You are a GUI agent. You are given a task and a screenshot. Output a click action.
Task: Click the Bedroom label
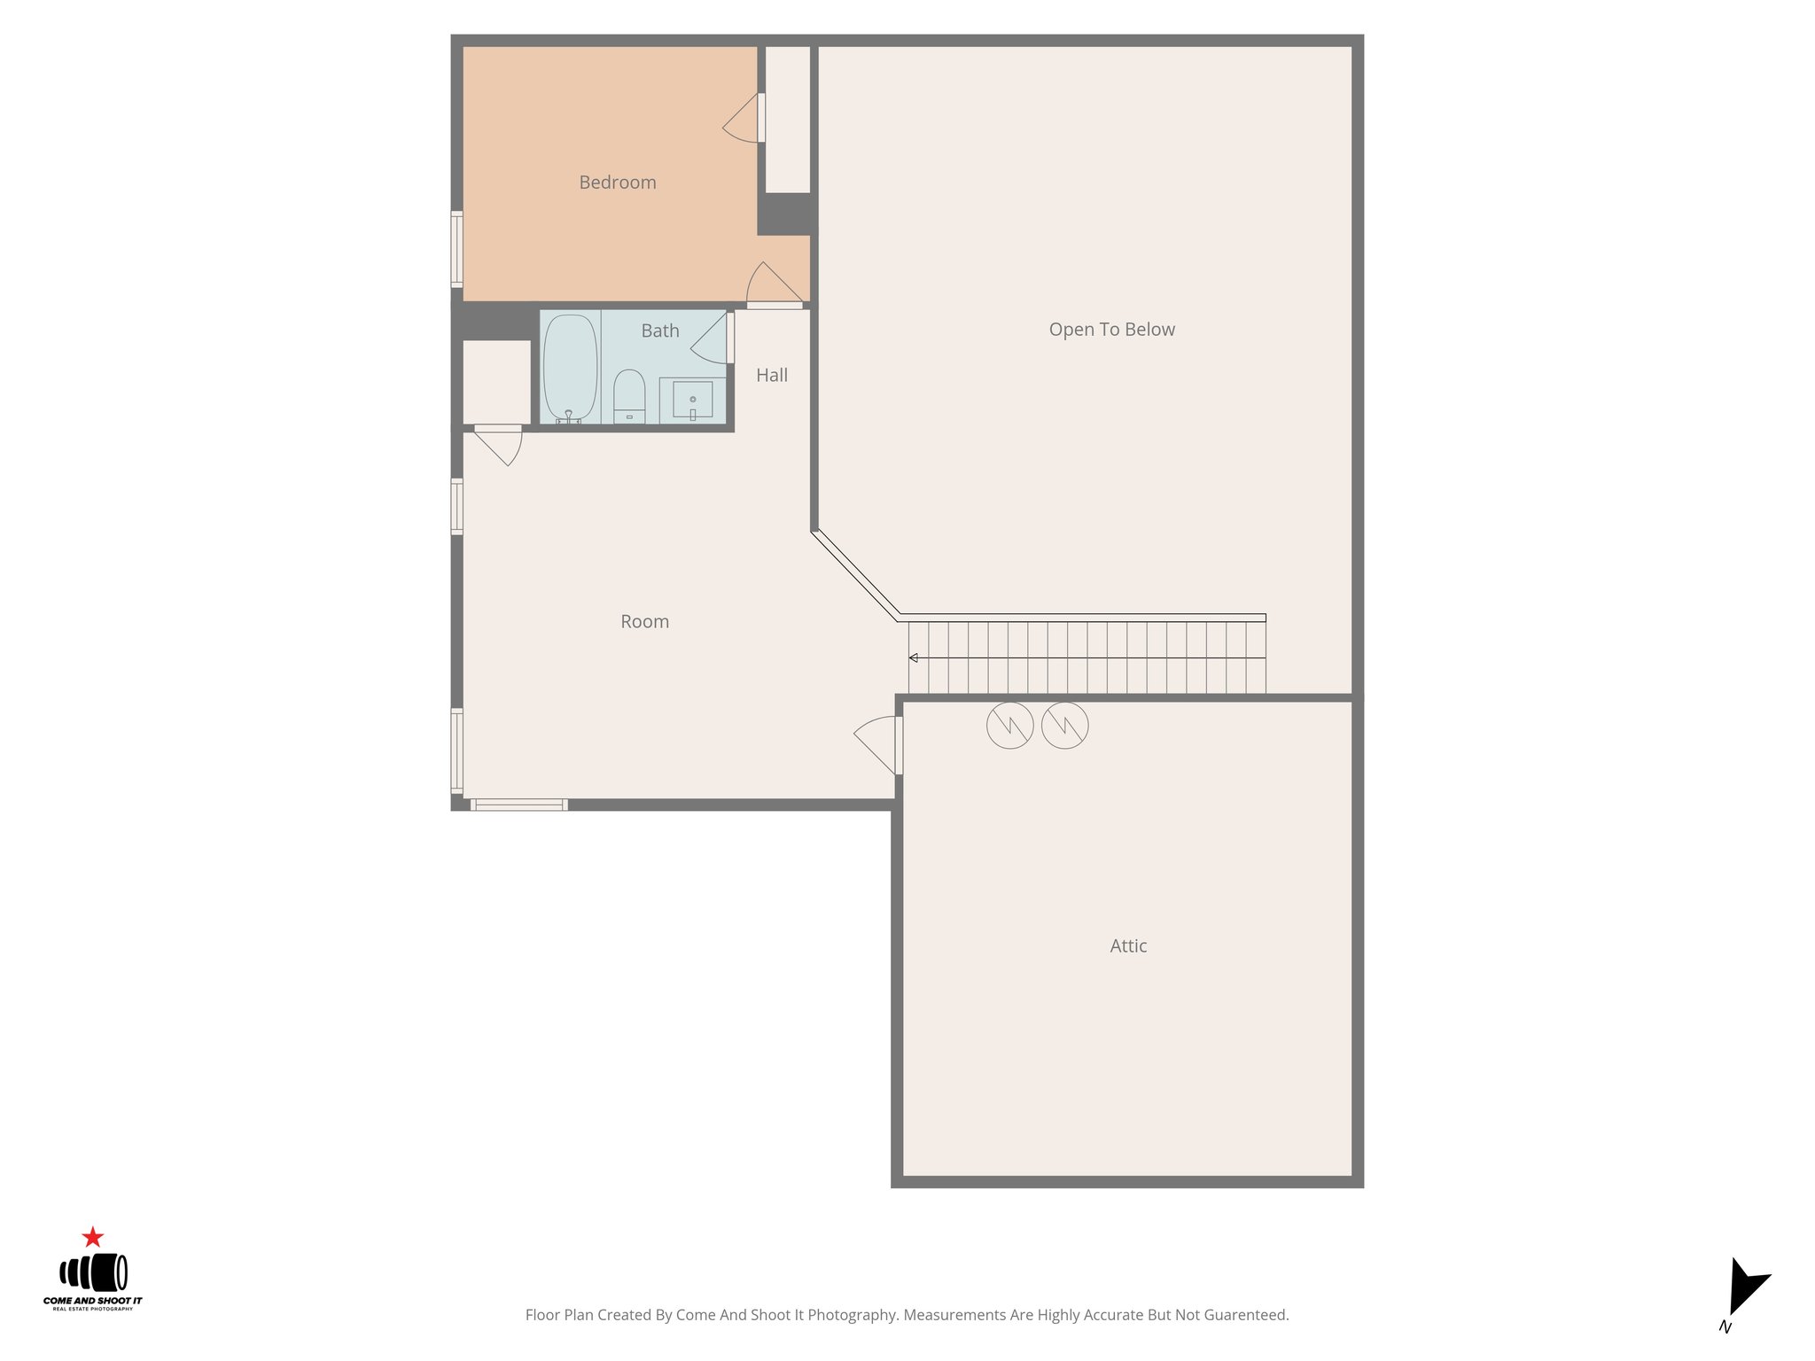[x=618, y=183]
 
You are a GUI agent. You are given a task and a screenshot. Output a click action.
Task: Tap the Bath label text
[x=660, y=331]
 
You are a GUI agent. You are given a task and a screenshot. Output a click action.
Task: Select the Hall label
[x=772, y=376]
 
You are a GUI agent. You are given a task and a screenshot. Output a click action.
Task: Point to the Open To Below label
[x=1111, y=330]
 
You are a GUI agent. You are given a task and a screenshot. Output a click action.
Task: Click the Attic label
[x=1128, y=946]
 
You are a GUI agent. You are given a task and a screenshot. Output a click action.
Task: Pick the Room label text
[x=644, y=622]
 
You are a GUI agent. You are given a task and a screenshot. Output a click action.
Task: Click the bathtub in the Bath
[x=570, y=367]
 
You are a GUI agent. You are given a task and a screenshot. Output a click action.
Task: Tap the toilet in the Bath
[x=629, y=395]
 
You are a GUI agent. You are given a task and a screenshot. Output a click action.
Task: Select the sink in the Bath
[x=692, y=400]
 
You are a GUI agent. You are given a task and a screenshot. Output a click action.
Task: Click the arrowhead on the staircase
[x=913, y=657]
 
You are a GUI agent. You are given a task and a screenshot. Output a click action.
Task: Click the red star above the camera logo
[x=92, y=1237]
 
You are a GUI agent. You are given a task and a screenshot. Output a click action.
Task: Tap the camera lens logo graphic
[x=93, y=1273]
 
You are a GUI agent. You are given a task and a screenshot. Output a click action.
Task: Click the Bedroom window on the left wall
[x=457, y=249]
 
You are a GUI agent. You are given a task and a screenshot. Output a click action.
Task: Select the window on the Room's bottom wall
[x=518, y=805]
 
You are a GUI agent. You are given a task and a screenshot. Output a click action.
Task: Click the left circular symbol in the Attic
[x=1009, y=726]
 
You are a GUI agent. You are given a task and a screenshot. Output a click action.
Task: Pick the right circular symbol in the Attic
[x=1064, y=726]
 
